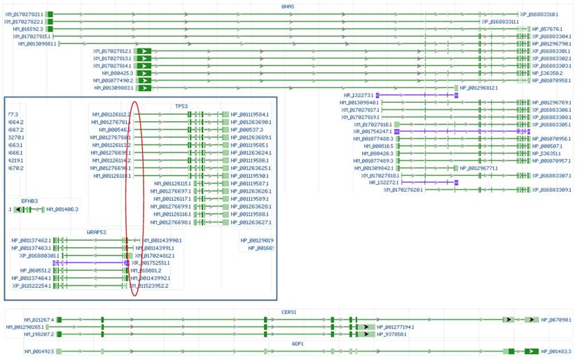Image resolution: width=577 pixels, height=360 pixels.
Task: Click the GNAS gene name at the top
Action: coord(287,6)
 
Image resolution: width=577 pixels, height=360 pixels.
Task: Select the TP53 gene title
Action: coord(181,106)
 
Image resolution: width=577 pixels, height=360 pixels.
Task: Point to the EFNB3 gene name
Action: coord(29,201)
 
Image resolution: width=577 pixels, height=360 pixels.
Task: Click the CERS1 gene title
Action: coord(288,312)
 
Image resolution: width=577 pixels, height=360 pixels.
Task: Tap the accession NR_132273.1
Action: coord(359,95)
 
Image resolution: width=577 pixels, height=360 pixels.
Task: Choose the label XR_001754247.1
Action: coord(373,131)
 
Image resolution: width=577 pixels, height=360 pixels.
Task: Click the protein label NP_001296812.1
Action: coord(478,88)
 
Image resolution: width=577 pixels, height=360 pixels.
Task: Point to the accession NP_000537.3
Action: coord(246,130)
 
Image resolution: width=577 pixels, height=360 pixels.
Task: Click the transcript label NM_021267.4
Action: coord(39,319)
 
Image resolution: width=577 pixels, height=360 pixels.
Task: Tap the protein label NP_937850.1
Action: coord(396,334)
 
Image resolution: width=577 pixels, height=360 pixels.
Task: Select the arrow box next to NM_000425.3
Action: coord(144,73)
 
